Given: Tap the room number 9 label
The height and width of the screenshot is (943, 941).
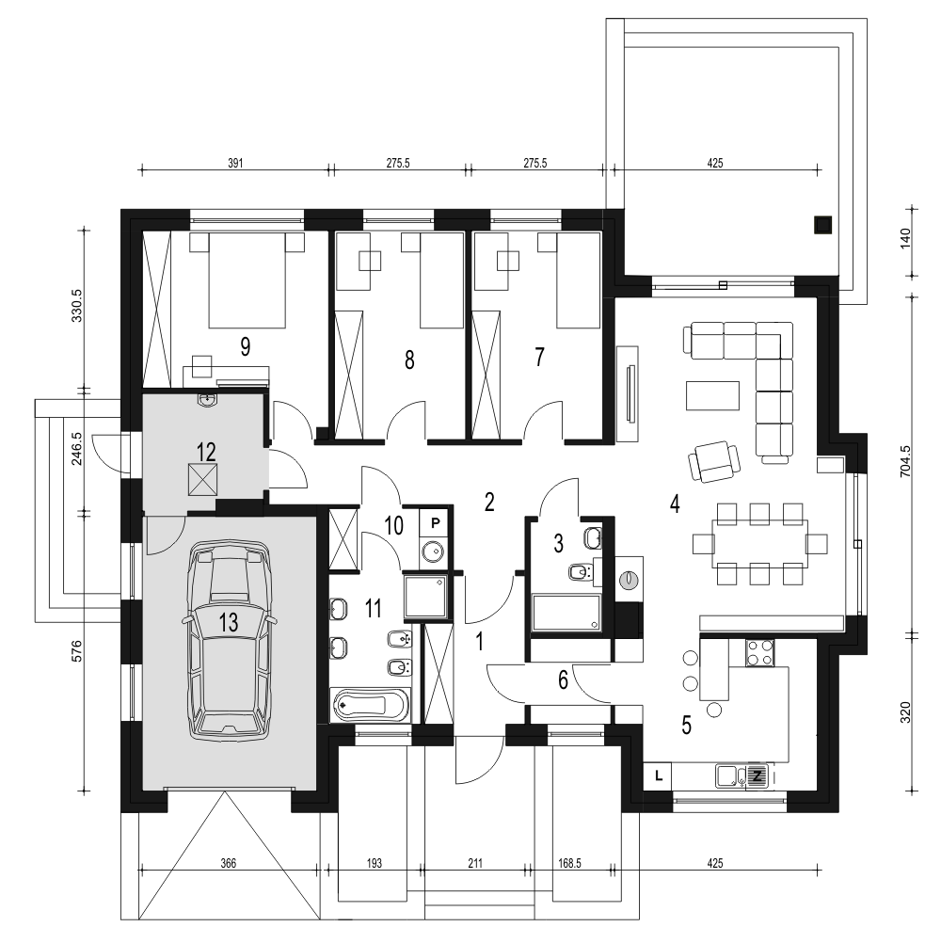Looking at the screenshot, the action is pyautogui.click(x=246, y=346).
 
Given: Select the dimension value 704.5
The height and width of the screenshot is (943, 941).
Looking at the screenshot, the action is pyautogui.click(x=905, y=461).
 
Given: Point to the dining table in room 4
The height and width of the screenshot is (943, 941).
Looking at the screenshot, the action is pyautogui.click(x=760, y=544).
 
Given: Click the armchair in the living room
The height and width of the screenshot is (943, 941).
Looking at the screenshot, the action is pyautogui.click(x=713, y=460).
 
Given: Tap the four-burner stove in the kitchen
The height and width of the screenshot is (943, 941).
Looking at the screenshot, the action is pyautogui.click(x=760, y=652).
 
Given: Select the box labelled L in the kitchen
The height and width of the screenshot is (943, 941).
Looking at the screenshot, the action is pyautogui.click(x=658, y=775).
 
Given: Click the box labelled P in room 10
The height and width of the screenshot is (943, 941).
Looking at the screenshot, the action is pyautogui.click(x=435, y=523).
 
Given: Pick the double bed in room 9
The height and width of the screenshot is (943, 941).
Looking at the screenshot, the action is pyautogui.click(x=247, y=280).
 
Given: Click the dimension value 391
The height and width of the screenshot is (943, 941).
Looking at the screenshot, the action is pyautogui.click(x=235, y=163).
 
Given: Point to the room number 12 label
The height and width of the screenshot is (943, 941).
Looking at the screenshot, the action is pyautogui.click(x=206, y=453).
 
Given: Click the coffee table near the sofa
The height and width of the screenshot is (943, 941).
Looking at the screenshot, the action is pyautogui.click(x=713, y=395).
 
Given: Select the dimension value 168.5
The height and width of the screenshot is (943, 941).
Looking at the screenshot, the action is pyautogui.click(x=569, y=864).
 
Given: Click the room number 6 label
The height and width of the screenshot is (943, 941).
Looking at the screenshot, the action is pyautogui.click(x=563, y=680).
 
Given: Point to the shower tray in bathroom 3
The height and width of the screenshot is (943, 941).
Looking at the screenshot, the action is pyautogui.click(x=566, y=614).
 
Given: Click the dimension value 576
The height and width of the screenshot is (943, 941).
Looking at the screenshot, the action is pyautogui.click(x=76, y=651).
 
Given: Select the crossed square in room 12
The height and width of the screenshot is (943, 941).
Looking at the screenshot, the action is pyautogui.click(x=202, y=480).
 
